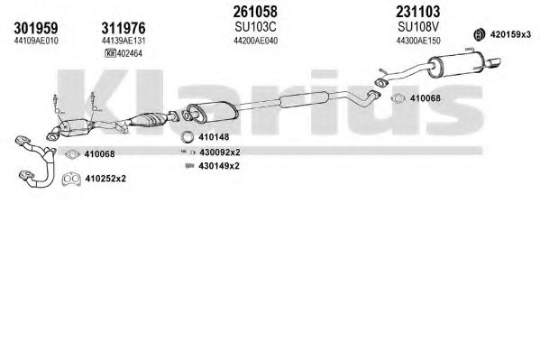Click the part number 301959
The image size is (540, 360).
click(x=36, y=28)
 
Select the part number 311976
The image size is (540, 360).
click(x=124, y=28)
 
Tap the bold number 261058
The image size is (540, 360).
click(x=255, y=12)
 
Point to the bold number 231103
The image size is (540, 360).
click(x=417, y=12)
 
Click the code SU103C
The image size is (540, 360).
click(x=255, y=26)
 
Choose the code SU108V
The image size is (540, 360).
click(x=418, y=26)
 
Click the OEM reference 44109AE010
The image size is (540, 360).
click(x=36, y=41)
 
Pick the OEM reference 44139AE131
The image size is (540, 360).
click(x=124, y=41)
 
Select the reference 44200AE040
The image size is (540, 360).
click(x=255, y=41)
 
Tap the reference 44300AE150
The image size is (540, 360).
click(x=418, y=41)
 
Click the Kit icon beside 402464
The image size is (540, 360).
click(x=110, y=53)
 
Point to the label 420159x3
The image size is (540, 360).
click(x=510, y=34)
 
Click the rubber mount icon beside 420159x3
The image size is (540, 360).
click(x=479, y=33)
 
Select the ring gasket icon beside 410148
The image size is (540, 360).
click(x=188, y=137)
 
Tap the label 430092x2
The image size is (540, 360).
click(x=219, y=152)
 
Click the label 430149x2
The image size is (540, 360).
click(x=219, y=166)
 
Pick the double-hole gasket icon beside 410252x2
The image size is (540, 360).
click(x=71, y=179)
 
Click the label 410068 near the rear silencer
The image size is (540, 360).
click(x=425, y=98)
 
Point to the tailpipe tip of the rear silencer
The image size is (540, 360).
click(x=495, y=62)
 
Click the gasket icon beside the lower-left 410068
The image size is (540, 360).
click(x=72, y=154)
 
